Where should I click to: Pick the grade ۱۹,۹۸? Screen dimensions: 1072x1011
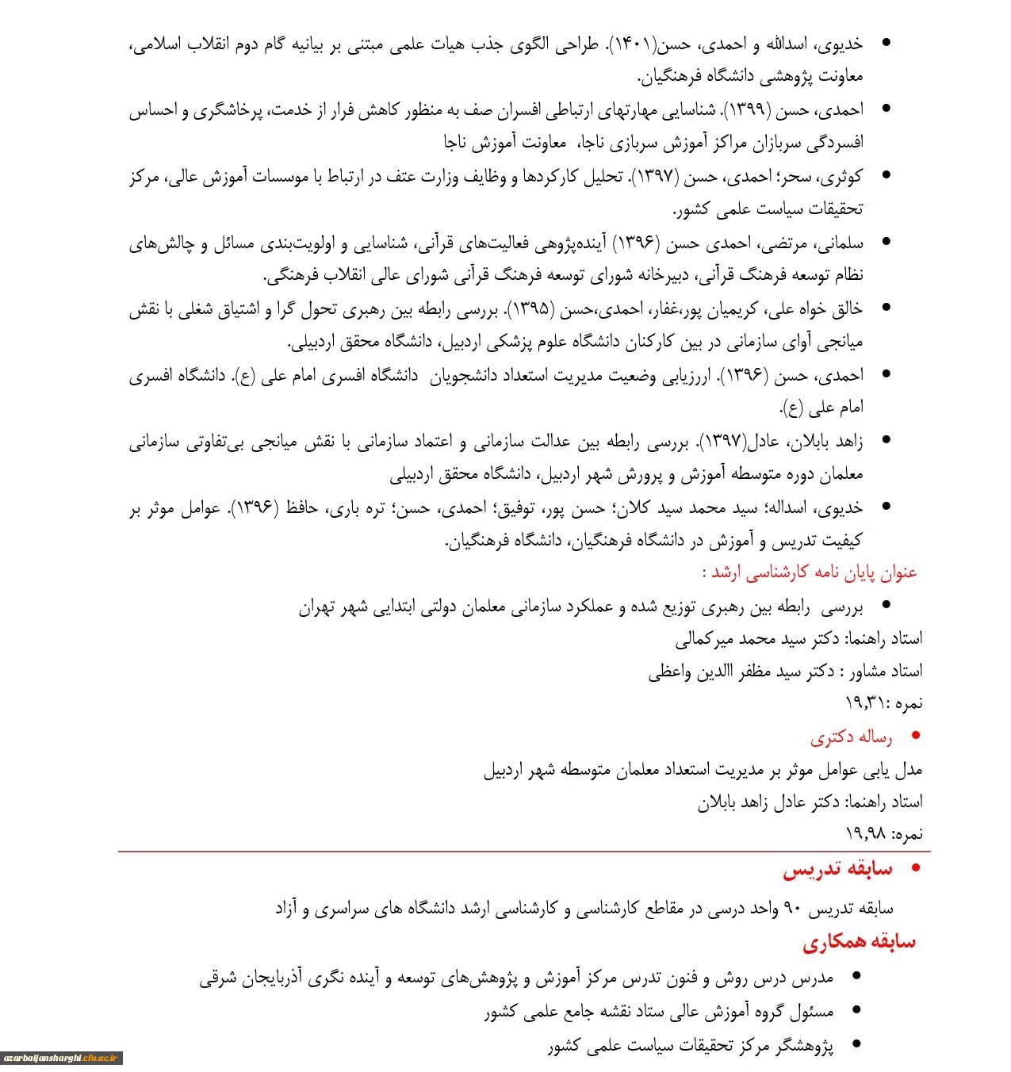(866, 834)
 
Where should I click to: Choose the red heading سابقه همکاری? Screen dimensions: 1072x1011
(859, 942)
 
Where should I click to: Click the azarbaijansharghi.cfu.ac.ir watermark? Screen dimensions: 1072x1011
(62, 1058)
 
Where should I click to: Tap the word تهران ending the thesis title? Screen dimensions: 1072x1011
(317, 607)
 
